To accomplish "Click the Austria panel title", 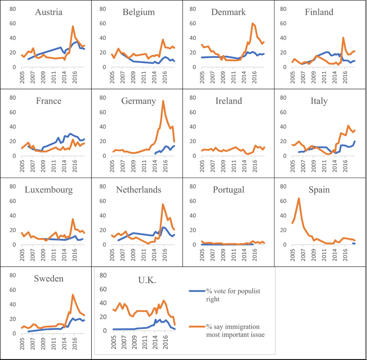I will [x=48, y=12].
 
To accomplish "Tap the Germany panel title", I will [x=138, y=101].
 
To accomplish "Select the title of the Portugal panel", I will [x=229, y=190].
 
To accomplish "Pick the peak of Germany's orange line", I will [x=163, y=101].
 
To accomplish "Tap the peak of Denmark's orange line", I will [x=252, y=23].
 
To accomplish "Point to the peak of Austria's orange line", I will [x=73, y=26].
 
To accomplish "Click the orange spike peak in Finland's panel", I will [x=343, y=38].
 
